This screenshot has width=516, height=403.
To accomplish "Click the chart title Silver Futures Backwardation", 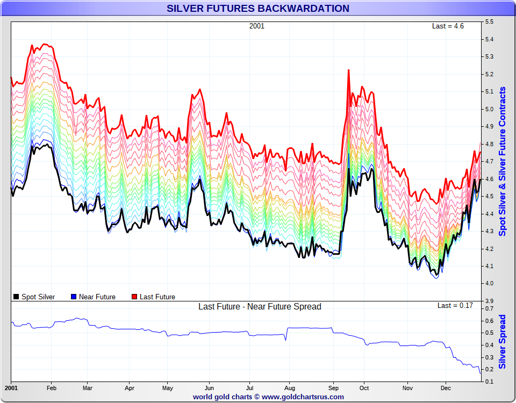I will (258, 9).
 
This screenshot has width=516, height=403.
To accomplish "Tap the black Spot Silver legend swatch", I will (17, 297).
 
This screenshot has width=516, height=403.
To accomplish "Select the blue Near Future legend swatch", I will (74, 297).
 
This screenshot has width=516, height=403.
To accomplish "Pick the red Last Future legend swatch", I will (135, 297).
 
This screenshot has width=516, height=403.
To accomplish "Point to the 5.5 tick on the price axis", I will (490, 22).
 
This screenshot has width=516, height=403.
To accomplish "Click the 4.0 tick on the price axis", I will (490, 283).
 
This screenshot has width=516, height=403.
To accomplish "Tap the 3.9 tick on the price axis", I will (490, 300).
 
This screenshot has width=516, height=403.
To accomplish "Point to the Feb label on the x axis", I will (52, 388).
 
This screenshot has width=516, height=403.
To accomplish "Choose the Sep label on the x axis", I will (334, 388).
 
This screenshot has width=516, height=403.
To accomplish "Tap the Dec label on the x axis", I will (446, 388).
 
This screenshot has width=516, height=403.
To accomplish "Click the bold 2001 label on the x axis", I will (11, 388).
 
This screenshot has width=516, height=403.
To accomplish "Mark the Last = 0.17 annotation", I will (455, 306).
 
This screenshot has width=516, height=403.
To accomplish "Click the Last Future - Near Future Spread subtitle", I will (260, 307).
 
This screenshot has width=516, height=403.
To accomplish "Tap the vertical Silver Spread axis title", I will (503, 342).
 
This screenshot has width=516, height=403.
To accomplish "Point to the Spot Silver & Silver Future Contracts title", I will (503, 161).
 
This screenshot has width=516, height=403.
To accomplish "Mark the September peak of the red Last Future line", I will (349, 70).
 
